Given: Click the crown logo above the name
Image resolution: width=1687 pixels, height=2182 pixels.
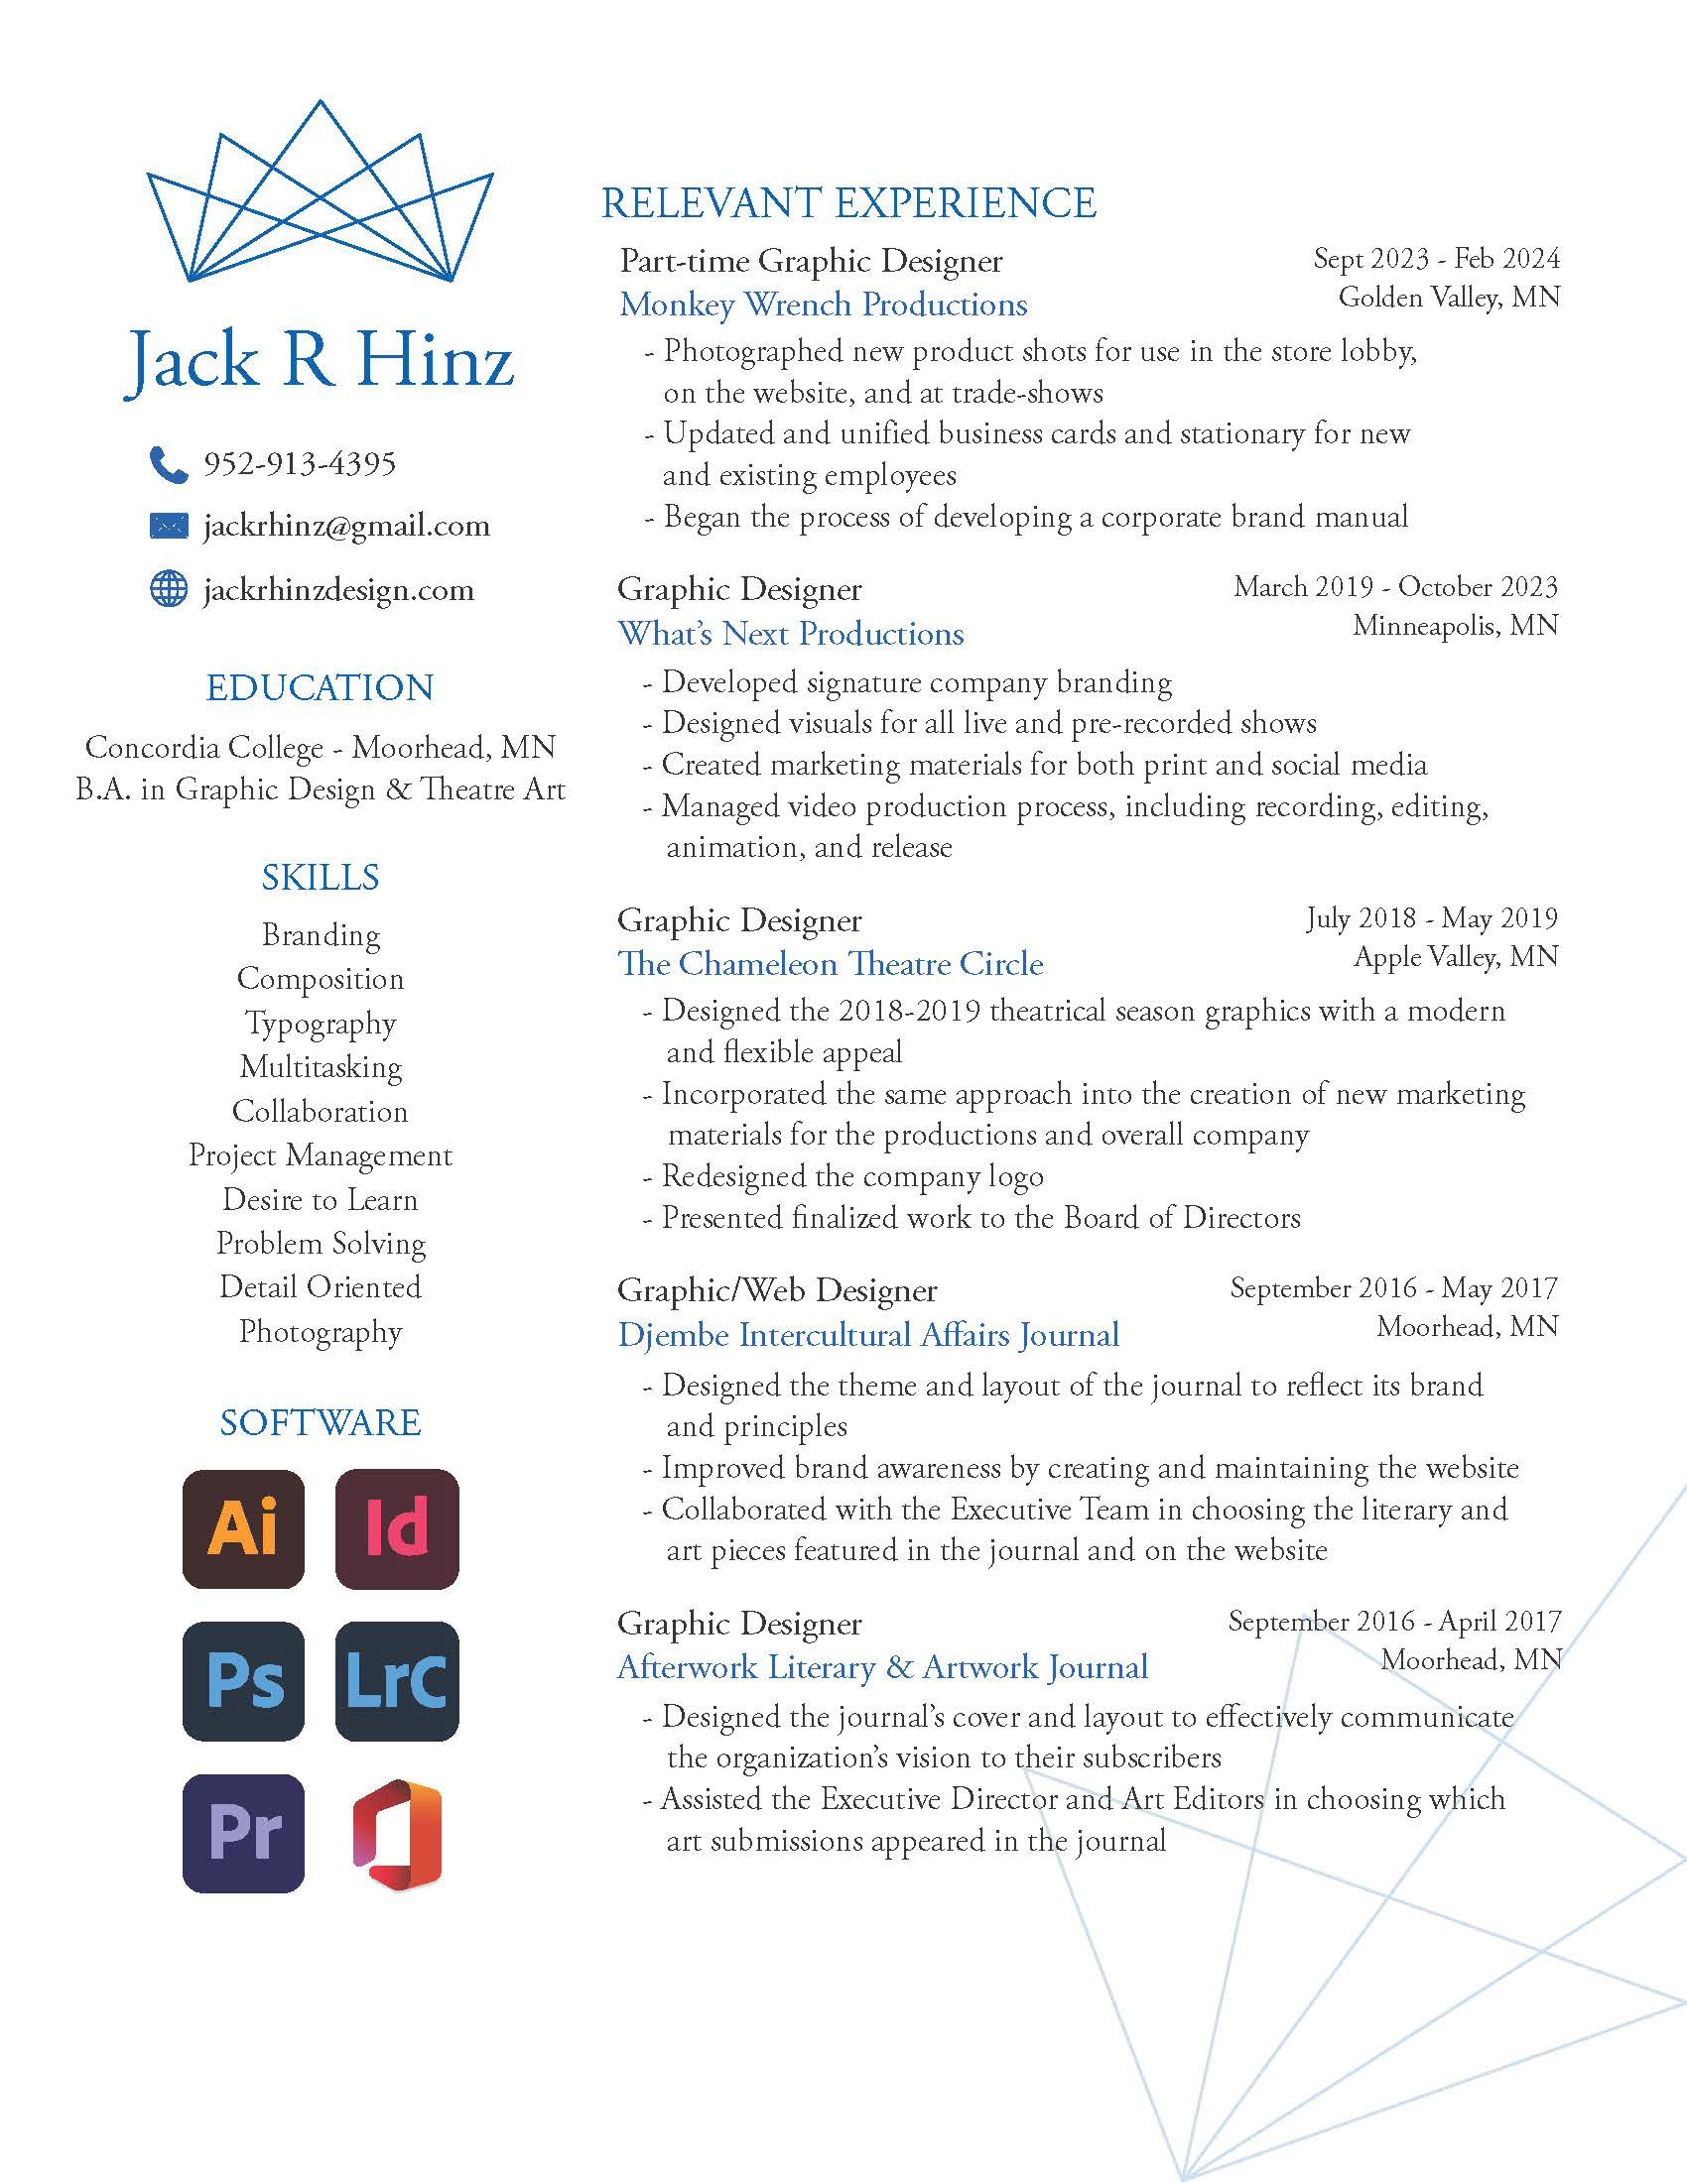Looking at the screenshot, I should [x=320, y=194].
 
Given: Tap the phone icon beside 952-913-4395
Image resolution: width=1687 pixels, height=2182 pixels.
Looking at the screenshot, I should [x=168, y=464].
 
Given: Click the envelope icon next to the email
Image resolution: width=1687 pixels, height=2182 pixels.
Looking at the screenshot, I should [x=168, y=526].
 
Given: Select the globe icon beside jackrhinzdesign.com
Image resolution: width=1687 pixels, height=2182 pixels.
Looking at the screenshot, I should [x=168, y=589].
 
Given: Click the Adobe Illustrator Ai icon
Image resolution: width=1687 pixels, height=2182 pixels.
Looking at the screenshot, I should [x=243, y=1528].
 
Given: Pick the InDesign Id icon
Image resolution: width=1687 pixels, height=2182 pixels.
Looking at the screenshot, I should [x=397, y=1528].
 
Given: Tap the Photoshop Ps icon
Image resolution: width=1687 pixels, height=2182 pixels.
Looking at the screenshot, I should [x=243, y=1681].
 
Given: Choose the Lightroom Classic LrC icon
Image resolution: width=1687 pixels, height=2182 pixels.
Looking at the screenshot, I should [x=397, y=1681].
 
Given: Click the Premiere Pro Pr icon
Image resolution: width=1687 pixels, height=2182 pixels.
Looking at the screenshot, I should [x=243, y=1833].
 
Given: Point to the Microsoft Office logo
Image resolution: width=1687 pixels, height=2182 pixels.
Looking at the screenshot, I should [x=397, y=1834].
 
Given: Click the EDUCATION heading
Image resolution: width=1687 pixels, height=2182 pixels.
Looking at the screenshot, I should [x=320, y=688].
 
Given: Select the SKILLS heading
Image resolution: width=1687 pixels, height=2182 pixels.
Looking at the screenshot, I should [x=320, y=878].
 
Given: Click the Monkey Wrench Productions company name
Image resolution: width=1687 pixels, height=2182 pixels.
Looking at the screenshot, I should [x=824, y=304].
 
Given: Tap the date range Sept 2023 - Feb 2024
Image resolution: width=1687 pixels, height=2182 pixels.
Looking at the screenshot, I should [x=1436, y=259].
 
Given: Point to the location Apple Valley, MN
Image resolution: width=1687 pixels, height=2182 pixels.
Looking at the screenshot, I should [x=1456, y=957].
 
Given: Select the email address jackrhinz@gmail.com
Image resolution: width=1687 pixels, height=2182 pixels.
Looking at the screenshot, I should [x=346, y=526].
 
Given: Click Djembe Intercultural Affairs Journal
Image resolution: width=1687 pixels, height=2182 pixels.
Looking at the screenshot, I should [x=868, y=1335].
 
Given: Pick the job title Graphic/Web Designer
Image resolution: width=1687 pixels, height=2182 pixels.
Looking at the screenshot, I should [x=778, y=1290].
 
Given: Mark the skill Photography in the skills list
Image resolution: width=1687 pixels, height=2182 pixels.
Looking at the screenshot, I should [x=321, y=1332].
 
